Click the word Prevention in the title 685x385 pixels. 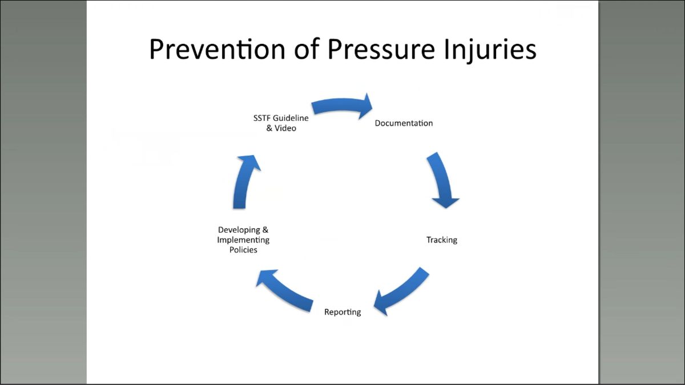[217, 49]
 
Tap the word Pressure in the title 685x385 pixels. [381, 49]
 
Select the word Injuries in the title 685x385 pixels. [490, 50]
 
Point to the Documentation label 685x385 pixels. [404, 123]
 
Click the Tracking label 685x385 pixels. [442, 240]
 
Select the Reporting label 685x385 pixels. [342, 313]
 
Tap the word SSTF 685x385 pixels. [261, 118]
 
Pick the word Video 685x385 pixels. [285, 128]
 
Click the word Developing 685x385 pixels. [239, 230]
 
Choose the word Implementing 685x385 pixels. [243, 240]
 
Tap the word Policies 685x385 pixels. [243, 250]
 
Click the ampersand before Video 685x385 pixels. [269, 128]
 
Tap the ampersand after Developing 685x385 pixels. [265, 229]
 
